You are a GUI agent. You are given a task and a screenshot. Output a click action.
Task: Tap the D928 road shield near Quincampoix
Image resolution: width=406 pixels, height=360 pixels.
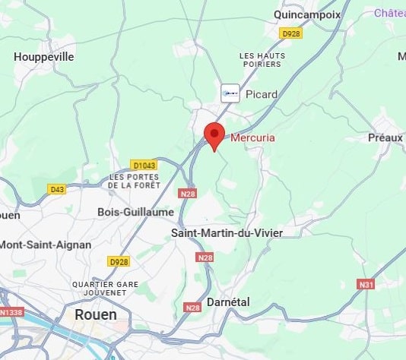tap(290, 33)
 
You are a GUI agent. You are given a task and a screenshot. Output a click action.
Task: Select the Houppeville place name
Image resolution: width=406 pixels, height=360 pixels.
tap(44, 56)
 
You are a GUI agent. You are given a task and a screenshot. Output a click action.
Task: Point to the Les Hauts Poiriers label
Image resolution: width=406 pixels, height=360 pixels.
tap(262, 61)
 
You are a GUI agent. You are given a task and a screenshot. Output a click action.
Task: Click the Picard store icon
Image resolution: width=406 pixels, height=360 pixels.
tap(230, 93)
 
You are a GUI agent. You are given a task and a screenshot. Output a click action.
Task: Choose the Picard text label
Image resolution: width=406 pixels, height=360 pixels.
tap(262, 94)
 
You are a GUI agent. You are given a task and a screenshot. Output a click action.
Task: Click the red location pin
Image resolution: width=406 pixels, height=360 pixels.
tap(214, 135)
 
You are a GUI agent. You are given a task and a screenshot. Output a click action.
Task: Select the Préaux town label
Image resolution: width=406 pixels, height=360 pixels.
tap(385, 137)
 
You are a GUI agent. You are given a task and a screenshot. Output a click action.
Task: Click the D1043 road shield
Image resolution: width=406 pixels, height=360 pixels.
tap(143, 165)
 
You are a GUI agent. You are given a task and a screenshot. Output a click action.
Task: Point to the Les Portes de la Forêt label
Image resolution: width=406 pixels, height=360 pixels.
tap(133, 180)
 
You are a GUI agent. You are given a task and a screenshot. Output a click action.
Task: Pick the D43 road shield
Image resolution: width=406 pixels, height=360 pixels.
tap(57, 189)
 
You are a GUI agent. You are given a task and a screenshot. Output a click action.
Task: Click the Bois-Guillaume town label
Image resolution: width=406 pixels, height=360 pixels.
tap(136, 212)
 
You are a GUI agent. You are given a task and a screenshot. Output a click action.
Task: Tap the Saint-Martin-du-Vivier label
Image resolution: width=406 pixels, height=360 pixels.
tap(227, 232)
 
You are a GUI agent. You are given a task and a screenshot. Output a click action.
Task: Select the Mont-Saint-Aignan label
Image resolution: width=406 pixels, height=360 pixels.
tap(46, 245)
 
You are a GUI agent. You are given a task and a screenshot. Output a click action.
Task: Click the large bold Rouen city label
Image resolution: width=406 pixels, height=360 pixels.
tap(96, 314)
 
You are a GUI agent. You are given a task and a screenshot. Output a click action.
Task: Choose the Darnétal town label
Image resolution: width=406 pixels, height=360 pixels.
tap(227, 302)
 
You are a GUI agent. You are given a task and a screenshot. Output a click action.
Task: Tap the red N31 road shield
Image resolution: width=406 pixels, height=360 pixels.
tap(366, 284)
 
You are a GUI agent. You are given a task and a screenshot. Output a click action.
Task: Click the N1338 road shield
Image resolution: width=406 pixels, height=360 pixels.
tap(11, 311)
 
